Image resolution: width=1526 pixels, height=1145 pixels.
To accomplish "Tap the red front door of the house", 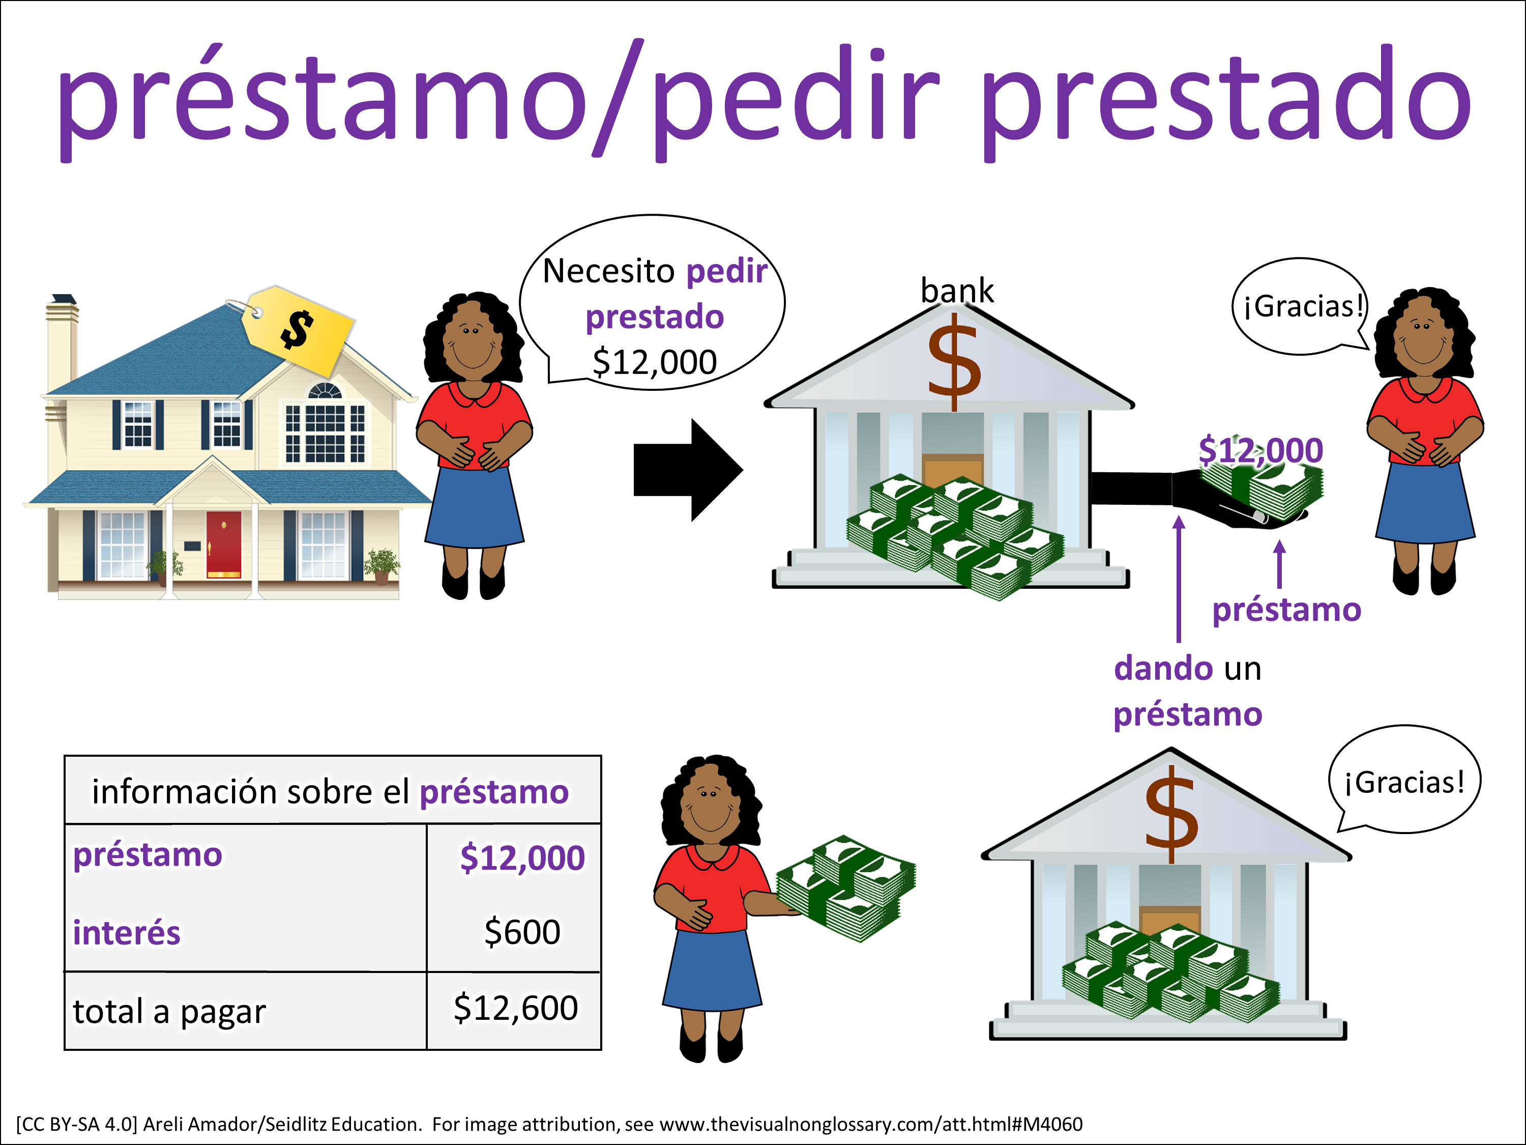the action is [x=223, y=544].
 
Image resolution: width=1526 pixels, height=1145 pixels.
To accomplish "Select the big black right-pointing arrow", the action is [x=688, y=469].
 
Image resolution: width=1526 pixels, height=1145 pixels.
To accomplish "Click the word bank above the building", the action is [x=957, y=291].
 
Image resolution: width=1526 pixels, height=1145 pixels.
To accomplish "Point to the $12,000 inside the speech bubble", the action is [x=655, y=362].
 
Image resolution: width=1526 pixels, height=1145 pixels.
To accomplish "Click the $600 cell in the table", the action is [x=522, y=932].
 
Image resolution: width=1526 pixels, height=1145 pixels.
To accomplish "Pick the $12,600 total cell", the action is [x=515, y=1008].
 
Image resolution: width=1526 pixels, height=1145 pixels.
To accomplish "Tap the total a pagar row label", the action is [x=169, y=1012].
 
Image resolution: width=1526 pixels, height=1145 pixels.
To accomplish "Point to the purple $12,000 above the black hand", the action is [x=1260, y=450].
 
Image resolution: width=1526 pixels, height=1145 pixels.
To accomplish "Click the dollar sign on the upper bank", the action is [x=954, y=362].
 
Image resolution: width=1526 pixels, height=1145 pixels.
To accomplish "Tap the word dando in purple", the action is [x=1163, y=668].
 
